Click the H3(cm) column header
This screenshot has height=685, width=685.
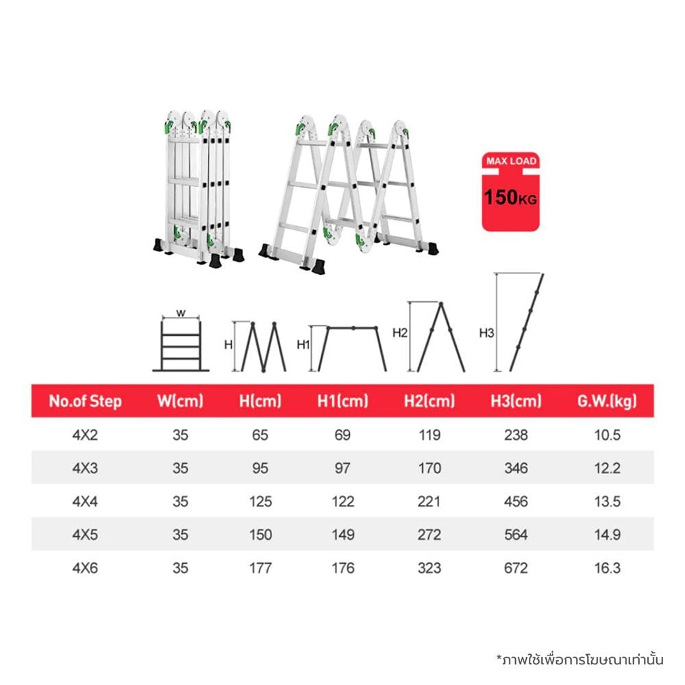[x=516, y=401]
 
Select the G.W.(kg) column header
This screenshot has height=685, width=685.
[x=607, y=401]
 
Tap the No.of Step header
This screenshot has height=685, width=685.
[x=85, y=401]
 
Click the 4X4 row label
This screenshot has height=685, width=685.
[x=85, y=501]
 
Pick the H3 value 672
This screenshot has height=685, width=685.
[x=516, y=568]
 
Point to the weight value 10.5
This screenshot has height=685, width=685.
[x=607, y=435]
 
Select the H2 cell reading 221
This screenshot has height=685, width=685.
[x=429, y=501]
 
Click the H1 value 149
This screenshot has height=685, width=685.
[x=343, y=534]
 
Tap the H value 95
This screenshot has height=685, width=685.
[x=260, y=468]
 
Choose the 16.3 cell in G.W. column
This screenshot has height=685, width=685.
[x=607, y=568]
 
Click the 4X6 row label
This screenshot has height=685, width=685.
[x=85, y=568]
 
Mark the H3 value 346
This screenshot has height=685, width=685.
[x=516, y=468]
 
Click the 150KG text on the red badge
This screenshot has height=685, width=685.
[x=510, y=197]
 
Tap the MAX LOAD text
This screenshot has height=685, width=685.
[x=511, y=161]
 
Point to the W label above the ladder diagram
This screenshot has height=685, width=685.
[x=181, y=313]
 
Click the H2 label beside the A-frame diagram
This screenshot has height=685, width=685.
[x=400, y=333]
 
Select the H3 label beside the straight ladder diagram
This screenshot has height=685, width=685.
[x=486, y=333]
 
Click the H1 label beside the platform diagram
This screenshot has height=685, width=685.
[x=303, y=345]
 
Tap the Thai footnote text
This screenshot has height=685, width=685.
[x=580, y=660]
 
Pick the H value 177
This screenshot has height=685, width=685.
[x=260, y=568]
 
